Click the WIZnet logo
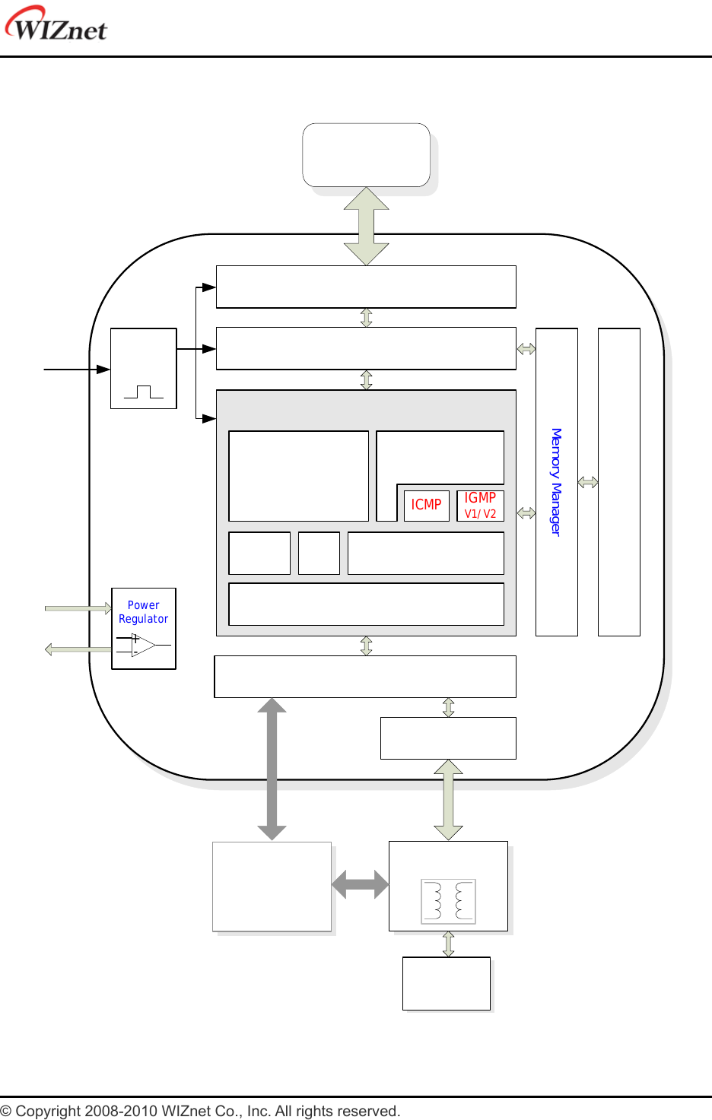pyautogui.click(x=56, y=24)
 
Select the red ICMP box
pyautogui.click(x=426, y=505)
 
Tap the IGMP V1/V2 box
pyautogui.click(x=480, y=505)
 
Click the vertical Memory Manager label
pyautogui.click(x=556, y=482)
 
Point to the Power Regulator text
pyautogui.click(x=143, y=612)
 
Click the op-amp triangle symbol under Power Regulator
pyautogui.click(x=142, y=646)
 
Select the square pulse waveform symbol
pyautogui.click(x=143, y=392)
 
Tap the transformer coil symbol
pyautogui.click(x=448, y=901)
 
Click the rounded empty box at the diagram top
pyautogui.click(x=366, y=155)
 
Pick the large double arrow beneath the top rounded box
pyautogui.click(x=366, y=226)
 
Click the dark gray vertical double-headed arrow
pyautogui.click(x=272, y=769)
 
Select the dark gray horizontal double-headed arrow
pyautogui.click(x=360, y=885)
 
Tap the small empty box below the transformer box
pyautogui.click(x=446, y=983)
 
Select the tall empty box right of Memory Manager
pyautogui.click(x=618, y=482)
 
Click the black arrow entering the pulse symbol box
pyautogui.click(x=77, y=369)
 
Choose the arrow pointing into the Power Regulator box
pyautogui.click(x=78, y=608)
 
